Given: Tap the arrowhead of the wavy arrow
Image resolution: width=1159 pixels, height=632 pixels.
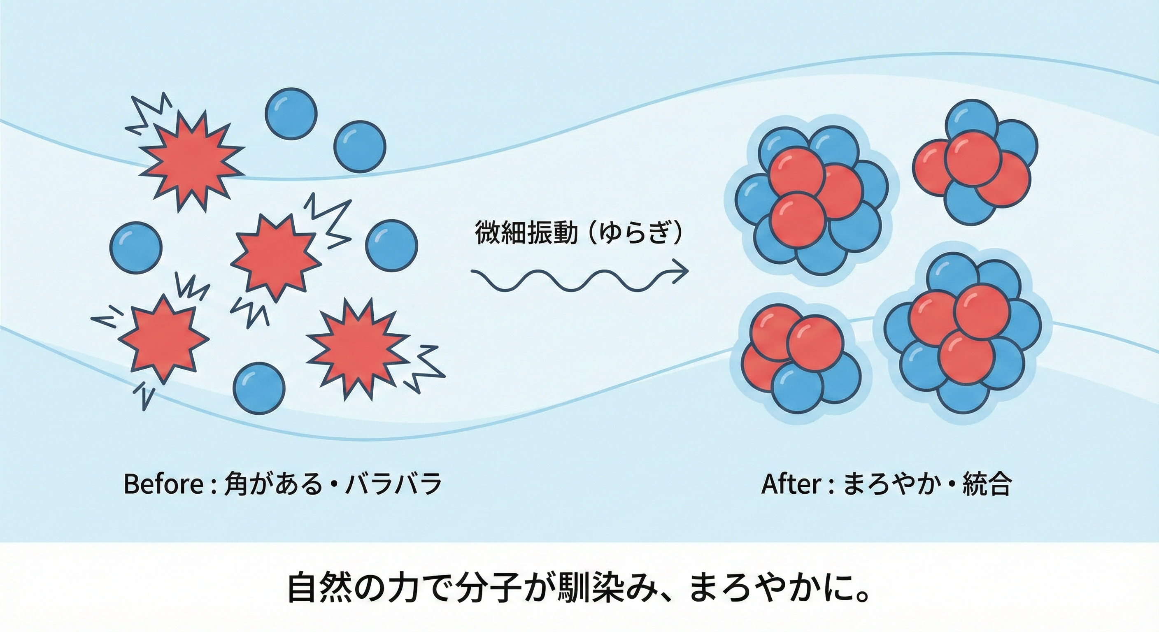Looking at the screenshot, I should [682, 272].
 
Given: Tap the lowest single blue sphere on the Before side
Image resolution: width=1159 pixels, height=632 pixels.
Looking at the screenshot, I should [260, 388].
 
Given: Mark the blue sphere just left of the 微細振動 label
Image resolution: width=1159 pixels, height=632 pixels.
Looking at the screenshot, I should [391, 246].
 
